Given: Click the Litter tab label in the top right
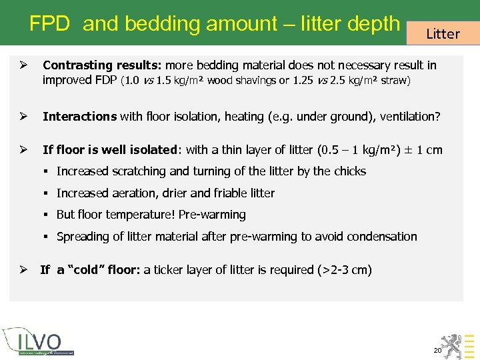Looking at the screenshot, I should point(443,33).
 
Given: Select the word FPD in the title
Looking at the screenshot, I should point(49,24).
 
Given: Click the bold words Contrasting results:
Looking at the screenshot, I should point(102,65).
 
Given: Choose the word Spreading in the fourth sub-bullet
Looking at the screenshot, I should point(81,237).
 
